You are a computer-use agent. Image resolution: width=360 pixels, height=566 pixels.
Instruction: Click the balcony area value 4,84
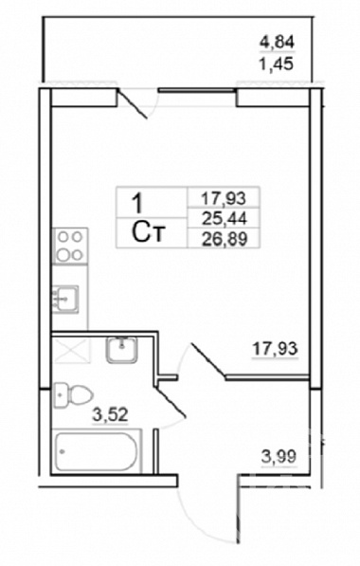coord(278,43)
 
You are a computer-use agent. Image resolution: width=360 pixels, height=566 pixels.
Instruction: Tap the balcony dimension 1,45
coord(276,64)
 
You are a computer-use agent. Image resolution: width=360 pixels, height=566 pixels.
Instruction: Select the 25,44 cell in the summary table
coord(224,218)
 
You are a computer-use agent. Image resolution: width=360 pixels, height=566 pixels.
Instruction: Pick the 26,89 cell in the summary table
coord(225,238)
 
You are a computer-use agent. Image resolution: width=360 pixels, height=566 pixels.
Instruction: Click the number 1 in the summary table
coord(138,203)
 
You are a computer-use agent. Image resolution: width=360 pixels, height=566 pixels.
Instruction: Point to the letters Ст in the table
coord(149,232)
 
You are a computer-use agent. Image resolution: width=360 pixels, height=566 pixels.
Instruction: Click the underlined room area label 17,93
coord(276,349)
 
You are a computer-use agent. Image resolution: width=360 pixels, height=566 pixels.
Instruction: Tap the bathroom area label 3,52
coord(111,414)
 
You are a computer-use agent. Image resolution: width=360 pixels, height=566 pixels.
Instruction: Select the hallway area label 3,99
coord(279,457)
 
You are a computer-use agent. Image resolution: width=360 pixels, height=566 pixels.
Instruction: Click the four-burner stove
coord(70,246)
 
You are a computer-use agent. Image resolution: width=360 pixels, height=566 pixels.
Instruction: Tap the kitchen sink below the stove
coord(65,299)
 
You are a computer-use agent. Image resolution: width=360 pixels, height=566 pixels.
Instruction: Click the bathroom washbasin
coord(122,350)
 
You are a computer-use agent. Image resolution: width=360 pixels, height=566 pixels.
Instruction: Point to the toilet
coord(73,395)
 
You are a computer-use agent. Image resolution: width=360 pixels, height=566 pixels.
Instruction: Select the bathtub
coord(97,451)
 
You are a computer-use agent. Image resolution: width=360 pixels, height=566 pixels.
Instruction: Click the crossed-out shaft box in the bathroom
coord(71,350)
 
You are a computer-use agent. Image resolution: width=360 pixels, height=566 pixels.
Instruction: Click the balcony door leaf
coord(134,103)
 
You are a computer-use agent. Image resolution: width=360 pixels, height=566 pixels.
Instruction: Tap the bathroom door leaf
coord(171,403)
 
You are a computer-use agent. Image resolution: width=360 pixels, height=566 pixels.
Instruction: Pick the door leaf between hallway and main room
coord(207,361)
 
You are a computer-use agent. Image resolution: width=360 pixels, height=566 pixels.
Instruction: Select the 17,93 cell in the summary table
coord(224,198)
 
